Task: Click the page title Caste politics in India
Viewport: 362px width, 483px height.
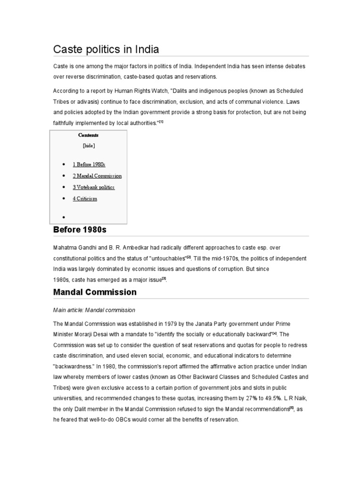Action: point(106,49)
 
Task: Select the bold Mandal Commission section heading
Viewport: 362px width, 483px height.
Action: point(94,292)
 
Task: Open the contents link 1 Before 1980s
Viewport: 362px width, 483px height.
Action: point(89,165)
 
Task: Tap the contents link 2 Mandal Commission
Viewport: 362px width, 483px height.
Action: point(97,176)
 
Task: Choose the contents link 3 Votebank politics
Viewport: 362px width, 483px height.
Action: point(93,187)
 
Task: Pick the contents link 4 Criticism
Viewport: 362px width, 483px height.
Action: point(85,199)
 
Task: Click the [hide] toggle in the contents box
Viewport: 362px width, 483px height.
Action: point(88,146)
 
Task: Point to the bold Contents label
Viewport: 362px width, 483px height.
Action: point(88,135)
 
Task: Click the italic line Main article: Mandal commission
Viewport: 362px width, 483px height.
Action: point(94,310)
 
